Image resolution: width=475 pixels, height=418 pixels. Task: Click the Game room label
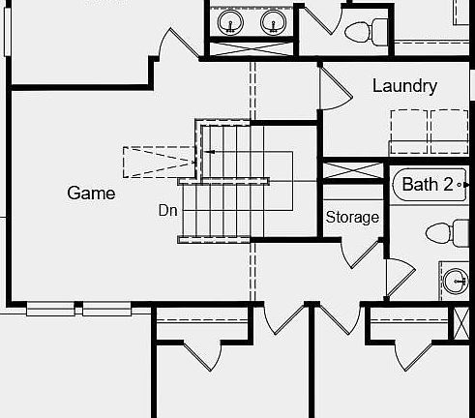pyautogui.click(x=91, y=193)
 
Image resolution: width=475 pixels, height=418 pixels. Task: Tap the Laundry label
pyautogui.click(x=404, y=86)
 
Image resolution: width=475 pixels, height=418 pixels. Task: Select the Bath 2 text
pyautogui.click(x=428, y=184)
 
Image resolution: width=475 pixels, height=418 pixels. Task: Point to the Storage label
pyautogui.click(x=352, y=217)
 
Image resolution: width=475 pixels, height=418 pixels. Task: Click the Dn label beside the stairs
pyautogui.click(x=168, y=210)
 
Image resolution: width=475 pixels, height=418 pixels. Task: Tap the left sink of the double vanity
pyautogui.click(x=230, y=22)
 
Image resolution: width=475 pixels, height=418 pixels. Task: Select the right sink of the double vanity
pyautogui.click(x=273, y=22)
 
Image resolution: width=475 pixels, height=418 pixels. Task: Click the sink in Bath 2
pyautogui.click(x=456, y=281)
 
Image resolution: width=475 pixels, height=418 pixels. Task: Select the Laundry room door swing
pyautogui.click(x=336, y=88)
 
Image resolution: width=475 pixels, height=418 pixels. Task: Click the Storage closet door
pyautogui.click(x=361, y=254)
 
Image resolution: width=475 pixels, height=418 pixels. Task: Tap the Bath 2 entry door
pyautogui.click(x=400, y=278)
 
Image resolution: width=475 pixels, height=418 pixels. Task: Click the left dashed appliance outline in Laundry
pyautogui.click(x=409, y=132)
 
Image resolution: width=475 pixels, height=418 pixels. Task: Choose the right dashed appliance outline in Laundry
pyautogui.click(x=450, y=132)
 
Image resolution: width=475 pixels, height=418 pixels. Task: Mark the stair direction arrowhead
pyautogui.click(x=210, y=152)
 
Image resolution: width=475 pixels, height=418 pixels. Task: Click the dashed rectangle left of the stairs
pyautogui.click(x=160, y=163)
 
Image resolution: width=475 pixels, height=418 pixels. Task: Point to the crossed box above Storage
pyautogui.click(x=353, y=170)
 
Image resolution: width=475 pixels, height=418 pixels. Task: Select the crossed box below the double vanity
pyautogui.click(x=252, y=49)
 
